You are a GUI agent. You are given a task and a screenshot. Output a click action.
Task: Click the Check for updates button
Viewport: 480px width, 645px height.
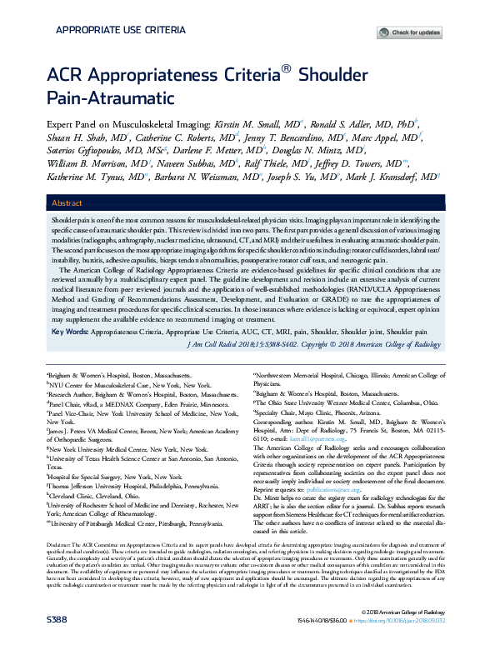click(x=412, y=32)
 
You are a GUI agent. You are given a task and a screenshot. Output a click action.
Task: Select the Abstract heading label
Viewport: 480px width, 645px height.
click(x=67, y=203)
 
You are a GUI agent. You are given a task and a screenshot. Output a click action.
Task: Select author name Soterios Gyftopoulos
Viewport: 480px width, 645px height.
click(x=93, y=151)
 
